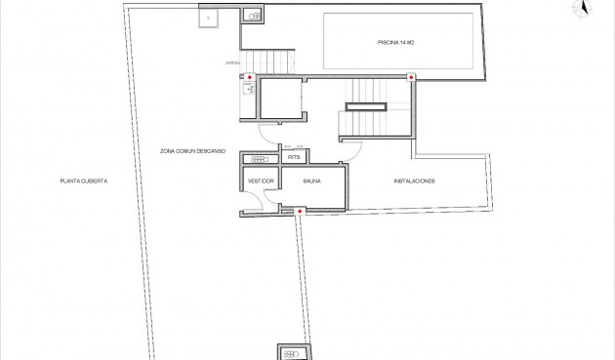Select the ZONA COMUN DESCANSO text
pyautogui.click(x=193, y=152)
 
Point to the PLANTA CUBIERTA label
pyautogui.click(x=83, y=181)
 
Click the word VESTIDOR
pyautogui.click(x=260, y=181)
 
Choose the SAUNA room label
pyautogui.click(x=310, y=181)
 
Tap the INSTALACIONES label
pyautogui.click(x=414, y=181)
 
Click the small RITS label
pyautogui.click(x=294, y=157)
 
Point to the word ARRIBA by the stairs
pyautogui.click(x=232, y=63)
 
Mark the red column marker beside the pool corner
pyautogui.click(x=411, y=77)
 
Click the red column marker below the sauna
pyautogui.click(x=300, y=210)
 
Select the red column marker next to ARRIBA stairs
pyautogui.click(x=250, y=77)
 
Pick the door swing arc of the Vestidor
pyautogui.click(x=252, y=199)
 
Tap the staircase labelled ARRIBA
pyautogui.click(x=268, y=61)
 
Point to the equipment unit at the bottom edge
pyautogui.click(x=293, y=352)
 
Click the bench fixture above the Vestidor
pyautogui.click(x=261, y=158)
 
